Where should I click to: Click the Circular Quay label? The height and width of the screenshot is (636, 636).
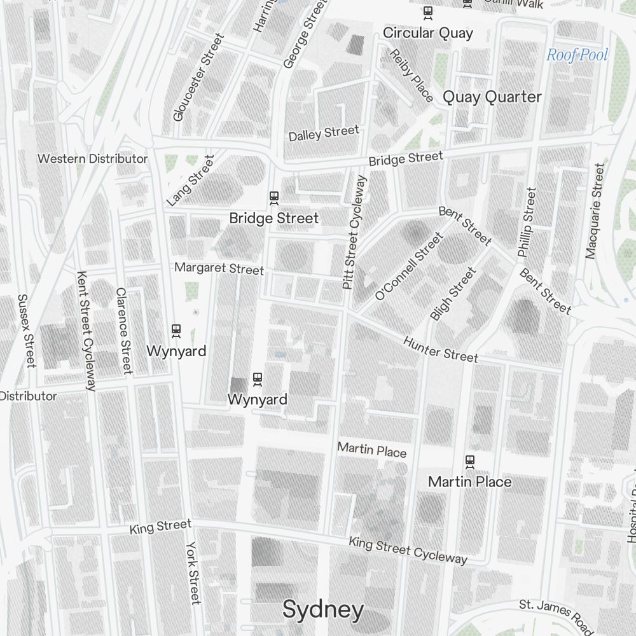428,33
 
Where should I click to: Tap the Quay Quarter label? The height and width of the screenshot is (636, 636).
492,97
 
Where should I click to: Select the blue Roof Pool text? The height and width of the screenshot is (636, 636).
577,55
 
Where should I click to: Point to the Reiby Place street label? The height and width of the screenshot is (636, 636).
411,75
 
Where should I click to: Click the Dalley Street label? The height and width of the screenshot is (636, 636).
324,133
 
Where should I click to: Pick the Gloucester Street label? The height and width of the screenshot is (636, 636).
198,78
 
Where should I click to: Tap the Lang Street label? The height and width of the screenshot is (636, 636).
190,181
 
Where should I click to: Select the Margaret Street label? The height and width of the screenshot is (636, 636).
219,268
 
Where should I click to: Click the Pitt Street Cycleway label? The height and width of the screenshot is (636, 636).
354,233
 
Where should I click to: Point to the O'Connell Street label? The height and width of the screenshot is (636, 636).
408,266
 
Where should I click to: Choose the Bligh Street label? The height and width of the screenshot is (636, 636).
453,294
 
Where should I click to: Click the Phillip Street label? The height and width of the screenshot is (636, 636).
527,223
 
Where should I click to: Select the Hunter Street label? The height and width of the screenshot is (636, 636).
440,349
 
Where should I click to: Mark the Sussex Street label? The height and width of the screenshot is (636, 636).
26,330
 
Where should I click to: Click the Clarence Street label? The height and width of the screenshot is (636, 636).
123,330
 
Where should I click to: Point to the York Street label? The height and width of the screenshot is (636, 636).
193,572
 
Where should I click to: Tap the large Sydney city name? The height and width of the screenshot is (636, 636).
323,610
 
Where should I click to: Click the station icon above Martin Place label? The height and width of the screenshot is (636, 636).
470,461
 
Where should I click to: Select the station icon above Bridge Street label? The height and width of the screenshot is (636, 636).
274,198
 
